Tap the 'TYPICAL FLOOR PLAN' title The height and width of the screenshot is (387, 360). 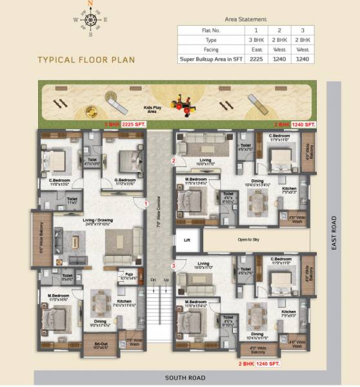pyautogui.click(x=86, y=59)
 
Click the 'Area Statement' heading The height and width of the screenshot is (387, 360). pyautogui.click(x=246, y=20)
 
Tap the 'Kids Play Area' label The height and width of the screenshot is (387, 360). pyautogui.click(x=152, y=109)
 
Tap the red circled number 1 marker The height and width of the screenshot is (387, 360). pyautogui.click(x=146, y=204)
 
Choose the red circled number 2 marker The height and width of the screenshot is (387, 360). pyautogui.click(x=173, y=160)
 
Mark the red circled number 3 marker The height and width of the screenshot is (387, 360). pyautogui.click(x=173, y=266)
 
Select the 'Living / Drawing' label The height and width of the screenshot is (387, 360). pyautogui.click(x=97, y=223)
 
